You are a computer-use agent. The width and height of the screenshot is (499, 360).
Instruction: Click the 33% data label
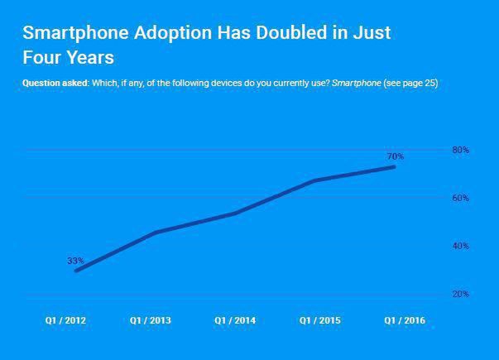[75, 261]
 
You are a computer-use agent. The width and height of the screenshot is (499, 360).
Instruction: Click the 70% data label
[395, 156]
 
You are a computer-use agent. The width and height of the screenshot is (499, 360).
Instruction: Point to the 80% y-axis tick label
[460, 150]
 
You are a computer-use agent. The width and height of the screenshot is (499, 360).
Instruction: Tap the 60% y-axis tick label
[460, 198]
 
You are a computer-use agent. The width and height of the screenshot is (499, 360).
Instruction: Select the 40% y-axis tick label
[460, 246]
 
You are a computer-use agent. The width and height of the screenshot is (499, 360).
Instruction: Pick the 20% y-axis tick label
[460, 294]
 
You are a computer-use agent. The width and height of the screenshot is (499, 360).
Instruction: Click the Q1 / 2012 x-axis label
[65, 320]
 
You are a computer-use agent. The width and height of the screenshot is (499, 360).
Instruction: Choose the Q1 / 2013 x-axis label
[151, 320]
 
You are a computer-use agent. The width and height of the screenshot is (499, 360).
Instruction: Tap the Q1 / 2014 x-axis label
[235, 320]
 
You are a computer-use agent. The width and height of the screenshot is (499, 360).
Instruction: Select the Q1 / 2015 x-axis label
[319, 320]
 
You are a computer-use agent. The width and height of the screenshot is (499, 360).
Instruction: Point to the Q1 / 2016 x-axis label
[404, 320]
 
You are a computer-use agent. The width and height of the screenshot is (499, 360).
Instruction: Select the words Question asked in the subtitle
[55, 84]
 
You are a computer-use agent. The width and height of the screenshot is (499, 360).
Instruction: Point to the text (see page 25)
[410, 84]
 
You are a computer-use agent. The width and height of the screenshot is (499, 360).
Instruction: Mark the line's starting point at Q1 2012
[76, 271]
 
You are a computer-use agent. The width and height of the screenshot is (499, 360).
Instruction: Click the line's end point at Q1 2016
[394, 166]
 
